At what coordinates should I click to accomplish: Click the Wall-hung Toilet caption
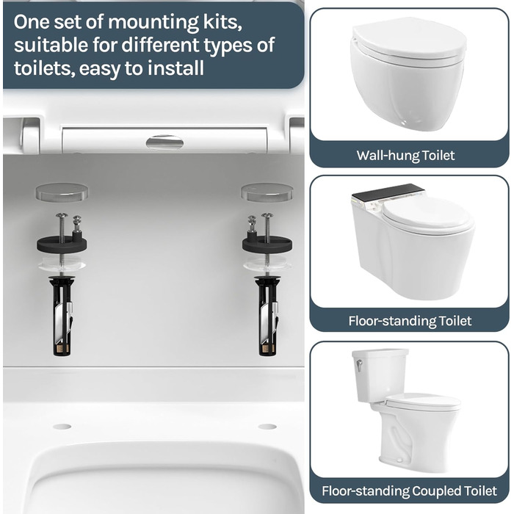pyautogui.click(x=405, y=156)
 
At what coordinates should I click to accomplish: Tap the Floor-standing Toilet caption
pyautogui.click(x=410, y=321)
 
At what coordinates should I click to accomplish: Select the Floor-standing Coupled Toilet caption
pyautogui.click(x=409, y=491)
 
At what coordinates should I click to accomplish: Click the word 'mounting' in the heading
pyautogui.click(x=153, y=23)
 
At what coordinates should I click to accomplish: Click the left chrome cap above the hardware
pyautogui.click(x=62, y=192)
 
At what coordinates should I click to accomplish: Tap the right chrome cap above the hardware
pyautogui.click(x=267, y=192)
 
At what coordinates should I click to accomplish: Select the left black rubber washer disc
pyautogui.click(x=62, y=244)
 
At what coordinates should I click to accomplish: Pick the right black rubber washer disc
pyautogui.click(x=267, y=245)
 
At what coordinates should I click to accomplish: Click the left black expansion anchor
pyautogui.click(x=62, y=316)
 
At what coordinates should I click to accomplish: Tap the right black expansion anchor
pyautogui.click(x=267, y=316)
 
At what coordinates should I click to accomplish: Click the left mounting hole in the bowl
pyautogui.click(x=62, y=427)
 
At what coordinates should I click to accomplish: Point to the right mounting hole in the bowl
pyautogui.click(x=267, y=427)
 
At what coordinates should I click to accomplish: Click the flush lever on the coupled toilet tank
pyautogui.click(x=359, y=365)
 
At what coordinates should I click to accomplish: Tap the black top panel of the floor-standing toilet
pyautogui.click(x=388, y=192)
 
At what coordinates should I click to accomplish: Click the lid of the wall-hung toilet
pyautogui.click(x=410, y=40)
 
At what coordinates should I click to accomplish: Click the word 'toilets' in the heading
pyautogui.click(x=44, y=69)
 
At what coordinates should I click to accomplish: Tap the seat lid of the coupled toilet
pyautogui.click(x=423, y=402)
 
